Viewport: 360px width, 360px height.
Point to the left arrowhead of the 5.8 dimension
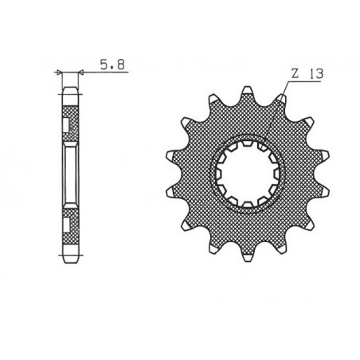(61, 72)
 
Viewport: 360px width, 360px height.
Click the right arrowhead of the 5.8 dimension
(80, 72)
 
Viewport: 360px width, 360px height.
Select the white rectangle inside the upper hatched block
(65, 125)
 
